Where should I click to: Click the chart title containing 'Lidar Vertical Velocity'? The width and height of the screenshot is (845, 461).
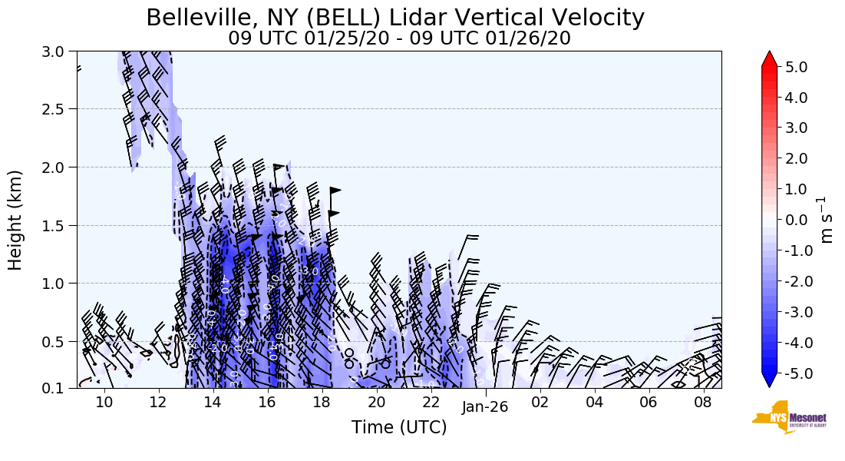[395, 17]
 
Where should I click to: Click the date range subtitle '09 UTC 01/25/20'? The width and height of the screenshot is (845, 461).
[399, 38]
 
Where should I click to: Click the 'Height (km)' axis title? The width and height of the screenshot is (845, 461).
[15, 220]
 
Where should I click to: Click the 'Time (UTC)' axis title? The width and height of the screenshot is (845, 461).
[399, 428]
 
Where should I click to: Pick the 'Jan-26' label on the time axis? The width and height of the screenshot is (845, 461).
[485, 407]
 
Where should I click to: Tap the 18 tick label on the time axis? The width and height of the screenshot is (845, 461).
[322, 403]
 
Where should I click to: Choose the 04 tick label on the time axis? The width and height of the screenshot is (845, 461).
[595, 403]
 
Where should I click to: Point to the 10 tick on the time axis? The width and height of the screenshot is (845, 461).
[104, 403]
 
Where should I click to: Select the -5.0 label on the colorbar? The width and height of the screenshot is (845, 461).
[793, 373]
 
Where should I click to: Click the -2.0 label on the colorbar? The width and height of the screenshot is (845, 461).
[793, 281]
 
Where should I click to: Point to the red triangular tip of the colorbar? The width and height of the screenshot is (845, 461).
[770, 58]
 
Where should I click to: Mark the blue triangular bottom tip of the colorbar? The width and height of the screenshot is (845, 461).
[770, 381]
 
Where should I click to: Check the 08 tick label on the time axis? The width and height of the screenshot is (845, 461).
[704, 403]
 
